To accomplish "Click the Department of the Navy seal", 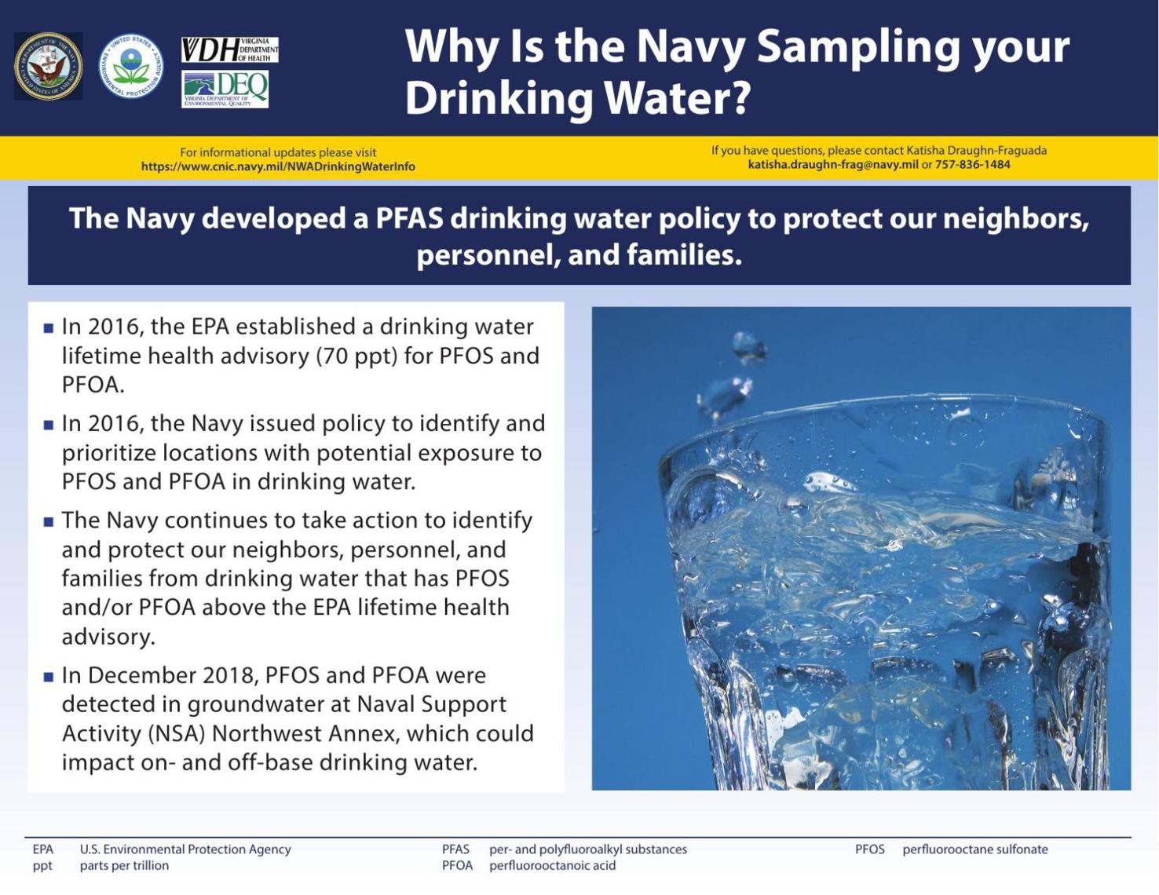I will coord(48,67).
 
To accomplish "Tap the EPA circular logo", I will coord(131,67).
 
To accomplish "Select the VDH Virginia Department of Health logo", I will coord(229,49).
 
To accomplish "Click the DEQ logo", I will coord(225,89).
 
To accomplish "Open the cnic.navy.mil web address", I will coord(278,166).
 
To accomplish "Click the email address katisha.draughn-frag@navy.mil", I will coord(832,165).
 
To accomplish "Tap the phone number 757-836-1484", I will coord(972,165).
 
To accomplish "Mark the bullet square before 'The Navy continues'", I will coord(49,521).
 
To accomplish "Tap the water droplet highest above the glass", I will coord(748,345).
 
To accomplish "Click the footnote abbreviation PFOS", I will coord(869,849).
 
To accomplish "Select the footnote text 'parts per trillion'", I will coord(124,866).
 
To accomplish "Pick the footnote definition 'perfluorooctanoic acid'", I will coord(552,866).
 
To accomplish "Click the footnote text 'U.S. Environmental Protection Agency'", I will coord(185,849).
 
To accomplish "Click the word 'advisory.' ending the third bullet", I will coord(108,637).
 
